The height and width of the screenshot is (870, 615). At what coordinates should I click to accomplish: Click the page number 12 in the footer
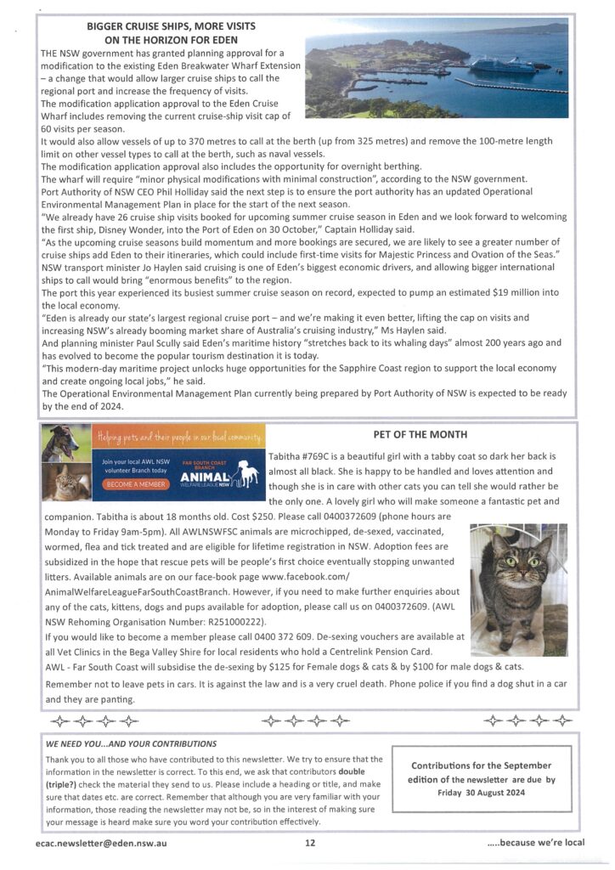click(310, 843)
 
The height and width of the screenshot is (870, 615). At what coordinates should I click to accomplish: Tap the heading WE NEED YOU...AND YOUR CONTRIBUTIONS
click(131, 743)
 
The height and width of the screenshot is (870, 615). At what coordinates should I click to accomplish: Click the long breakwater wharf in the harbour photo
click(510, 87)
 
